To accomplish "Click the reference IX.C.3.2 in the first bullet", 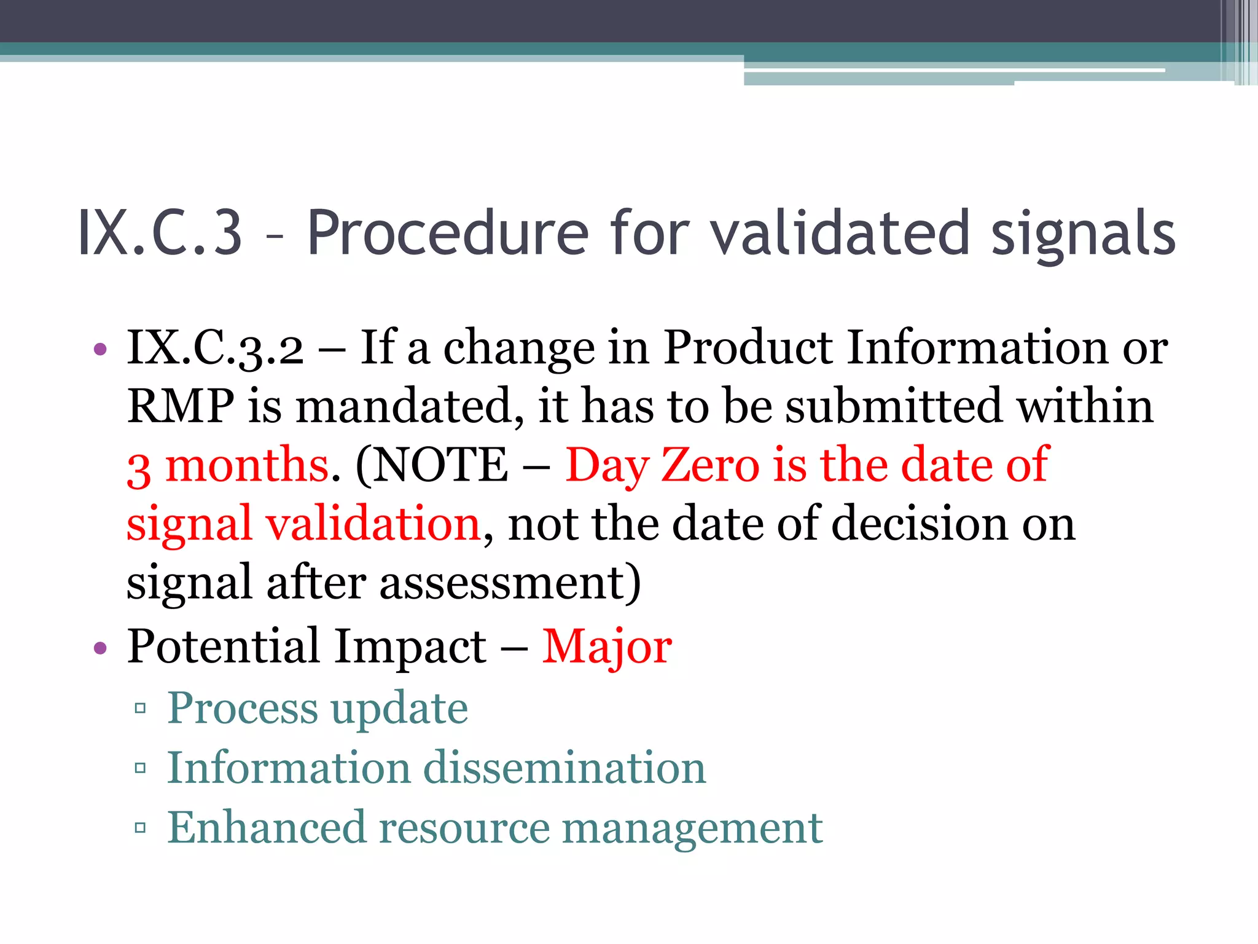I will [x=215, y=348].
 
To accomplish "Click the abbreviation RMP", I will [x=180, y=406].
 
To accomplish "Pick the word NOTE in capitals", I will [x=440, y=465].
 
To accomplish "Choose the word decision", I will [x=919, y=524].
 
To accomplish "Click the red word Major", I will [x=607, y=647].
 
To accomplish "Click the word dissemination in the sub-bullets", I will [x=565, y=768].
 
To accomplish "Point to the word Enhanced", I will [x=267, y=827].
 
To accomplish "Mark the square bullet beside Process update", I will [x=141, y=709].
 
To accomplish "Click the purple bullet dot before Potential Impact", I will [x=100, y=648].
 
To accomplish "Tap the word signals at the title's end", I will [x=1083, y=234].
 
